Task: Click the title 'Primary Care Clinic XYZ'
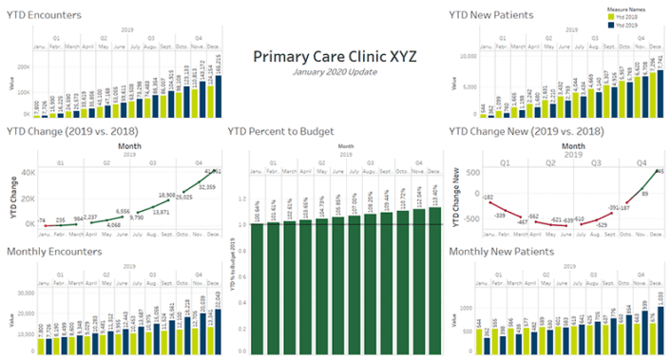[x=334, y=56]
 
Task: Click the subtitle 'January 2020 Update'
[x=334, y=72]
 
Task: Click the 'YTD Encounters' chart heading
[x=44, y=15]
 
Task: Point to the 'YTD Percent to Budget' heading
[x=281, y=130]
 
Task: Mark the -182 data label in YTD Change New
[x=488, y=171]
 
